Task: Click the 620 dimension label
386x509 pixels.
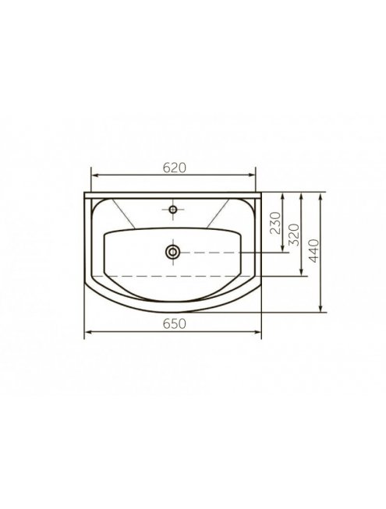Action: click(175, 168)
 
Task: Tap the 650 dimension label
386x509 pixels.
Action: click(175, 323)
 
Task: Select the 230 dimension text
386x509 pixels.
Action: click(275, 223)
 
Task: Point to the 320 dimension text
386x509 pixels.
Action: click(293, 235)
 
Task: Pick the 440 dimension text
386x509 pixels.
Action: click(314, 250)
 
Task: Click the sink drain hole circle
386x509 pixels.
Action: click(172, 252)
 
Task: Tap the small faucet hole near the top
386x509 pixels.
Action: click(173, 210)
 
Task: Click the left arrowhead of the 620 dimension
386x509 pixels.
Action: click(95, 175)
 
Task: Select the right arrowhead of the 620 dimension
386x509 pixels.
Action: click(252, 175)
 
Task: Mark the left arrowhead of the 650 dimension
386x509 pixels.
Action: click(88, 332)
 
